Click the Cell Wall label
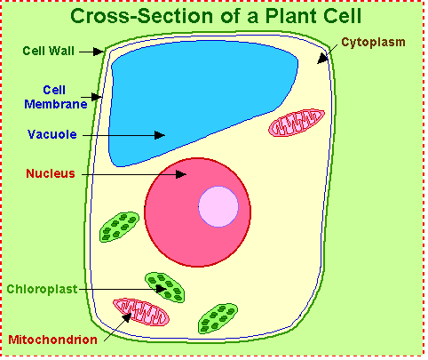pyautogui.click(x=49, y=51)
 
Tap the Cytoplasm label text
pyautogui.click(x=373, y=43)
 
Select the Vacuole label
pyautogui.click(x=52, y=134)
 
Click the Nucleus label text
pyautogui.click(x=51, y=173)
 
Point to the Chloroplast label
pyautogui.click(x=42, y=289)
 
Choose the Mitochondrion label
pyautogui.click(x=52, y=340)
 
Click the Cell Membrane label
pyautogui.click(x=56, y=97)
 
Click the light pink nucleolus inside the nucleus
pyautogui.click(x=218, y=206)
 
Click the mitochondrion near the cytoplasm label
pyautogui.click(x=297, y=123)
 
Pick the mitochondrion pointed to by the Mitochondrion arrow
pyautogui.click(x=141, y=312)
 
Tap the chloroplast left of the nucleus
pyautogui.click(x=119, y=227)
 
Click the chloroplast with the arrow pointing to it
pyautogui.click(x=164, y=287)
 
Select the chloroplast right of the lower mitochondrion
pyautogui.click(x=218, y=318)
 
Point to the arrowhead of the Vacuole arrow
pyautogui.click(x=160, y=135)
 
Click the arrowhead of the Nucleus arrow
pyautogui.click(x=181, y=174)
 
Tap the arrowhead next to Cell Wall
pyautogui.click(x=98, y=52)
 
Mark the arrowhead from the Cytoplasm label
pyautogui.click(x=322, y=59)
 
